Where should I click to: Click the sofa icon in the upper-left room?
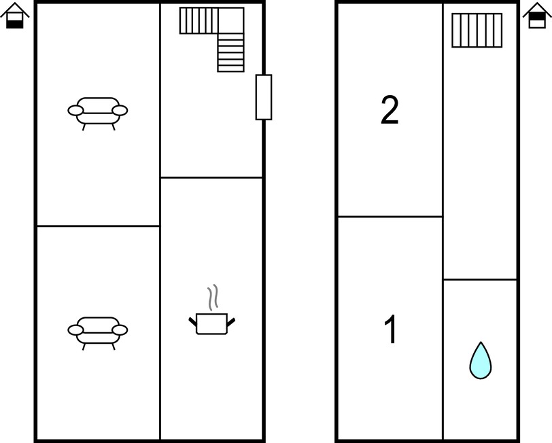click(x=97, y=113)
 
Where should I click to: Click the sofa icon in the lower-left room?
click(x=97, y=333)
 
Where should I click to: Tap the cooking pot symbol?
click(x=211, y=323)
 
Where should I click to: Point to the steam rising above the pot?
click(x=213, y=298)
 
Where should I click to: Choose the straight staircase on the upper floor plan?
click(x=477, y=31)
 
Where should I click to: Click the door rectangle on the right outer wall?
click(x=264, y=97)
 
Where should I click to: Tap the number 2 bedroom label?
click(x=390, y=110)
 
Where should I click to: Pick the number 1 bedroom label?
click(x=391, y=330)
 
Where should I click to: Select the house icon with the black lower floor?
click(x=15, y=16)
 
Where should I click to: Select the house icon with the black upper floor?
click(x=537, y=16)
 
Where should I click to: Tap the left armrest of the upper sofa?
click(x=75, y=111)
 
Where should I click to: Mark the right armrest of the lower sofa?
click(x=120, y=330)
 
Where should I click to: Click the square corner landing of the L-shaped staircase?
click(x=231, y=20)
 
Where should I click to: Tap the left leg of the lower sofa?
click(x=84, y=347)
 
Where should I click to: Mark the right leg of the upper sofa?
click(x=114, y=127)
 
